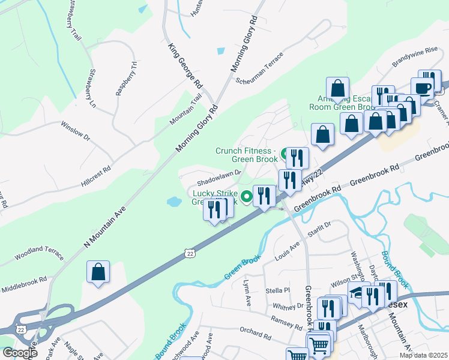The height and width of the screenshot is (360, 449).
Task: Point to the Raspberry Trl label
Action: pos(127,79)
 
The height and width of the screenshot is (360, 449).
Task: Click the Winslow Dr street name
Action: pos(75,132)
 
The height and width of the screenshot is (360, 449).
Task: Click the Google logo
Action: pos(20,352)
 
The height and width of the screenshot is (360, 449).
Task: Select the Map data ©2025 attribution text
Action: pos(423,355)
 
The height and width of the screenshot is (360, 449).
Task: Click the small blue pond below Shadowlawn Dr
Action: pos(173,202)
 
